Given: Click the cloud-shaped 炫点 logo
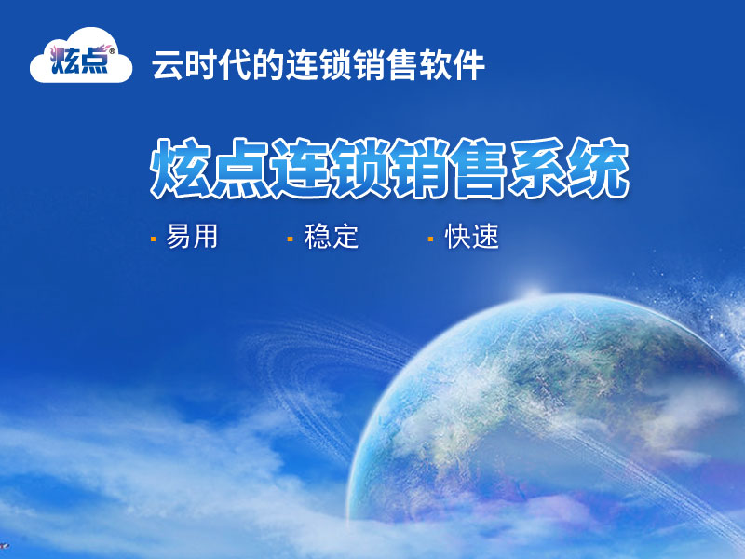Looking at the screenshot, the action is [81, 56].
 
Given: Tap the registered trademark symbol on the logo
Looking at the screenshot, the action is [112, 50].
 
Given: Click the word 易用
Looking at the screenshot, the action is [192, 237].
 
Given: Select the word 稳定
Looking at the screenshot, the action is [332, 237].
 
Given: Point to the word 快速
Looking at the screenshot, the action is [472, 237].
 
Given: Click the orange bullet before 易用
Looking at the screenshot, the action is [153, 239].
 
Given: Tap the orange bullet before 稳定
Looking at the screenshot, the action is [290, 239].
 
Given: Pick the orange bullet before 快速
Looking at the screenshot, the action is [430, 239].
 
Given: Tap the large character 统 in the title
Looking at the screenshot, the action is [599, 168].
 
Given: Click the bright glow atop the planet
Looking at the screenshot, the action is [532, 291].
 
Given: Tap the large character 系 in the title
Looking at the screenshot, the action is [539, 168].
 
